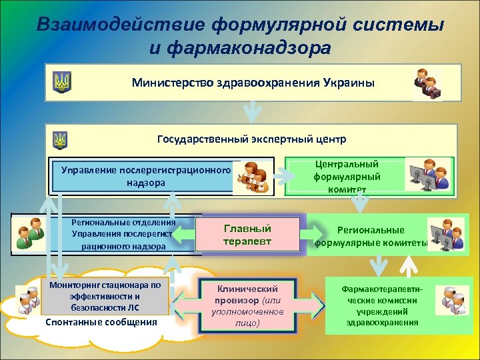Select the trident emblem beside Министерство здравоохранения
pyautogui.click(x=62, y=83)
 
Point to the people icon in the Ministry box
pyautogui.click(x=427, y=83)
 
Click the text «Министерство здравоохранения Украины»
pyautogui.click(x=253, y=83)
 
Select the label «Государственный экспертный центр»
pyautogui.click(x=251, y=140)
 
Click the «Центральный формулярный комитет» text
pyautogui.click(x=346, y=177)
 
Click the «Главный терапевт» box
pyautogui.click(x=247, y=234)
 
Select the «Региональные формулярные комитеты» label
pyautogui.click(x=371, y=236)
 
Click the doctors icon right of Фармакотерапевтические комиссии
pyautogui.click(x=451, y=300)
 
